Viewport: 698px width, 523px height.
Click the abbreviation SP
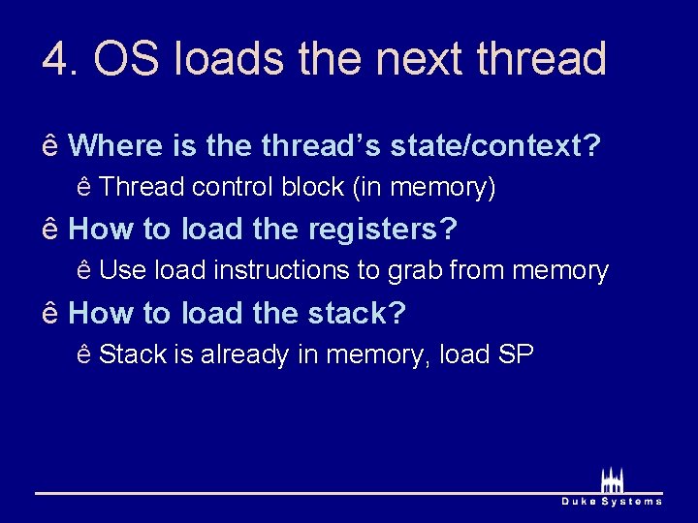tap(516, 354)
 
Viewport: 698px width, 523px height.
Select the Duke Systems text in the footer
tap(613, 501)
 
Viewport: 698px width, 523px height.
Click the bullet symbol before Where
tap(50, 146)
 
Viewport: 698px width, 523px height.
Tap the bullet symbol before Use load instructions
tap(84, 270)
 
